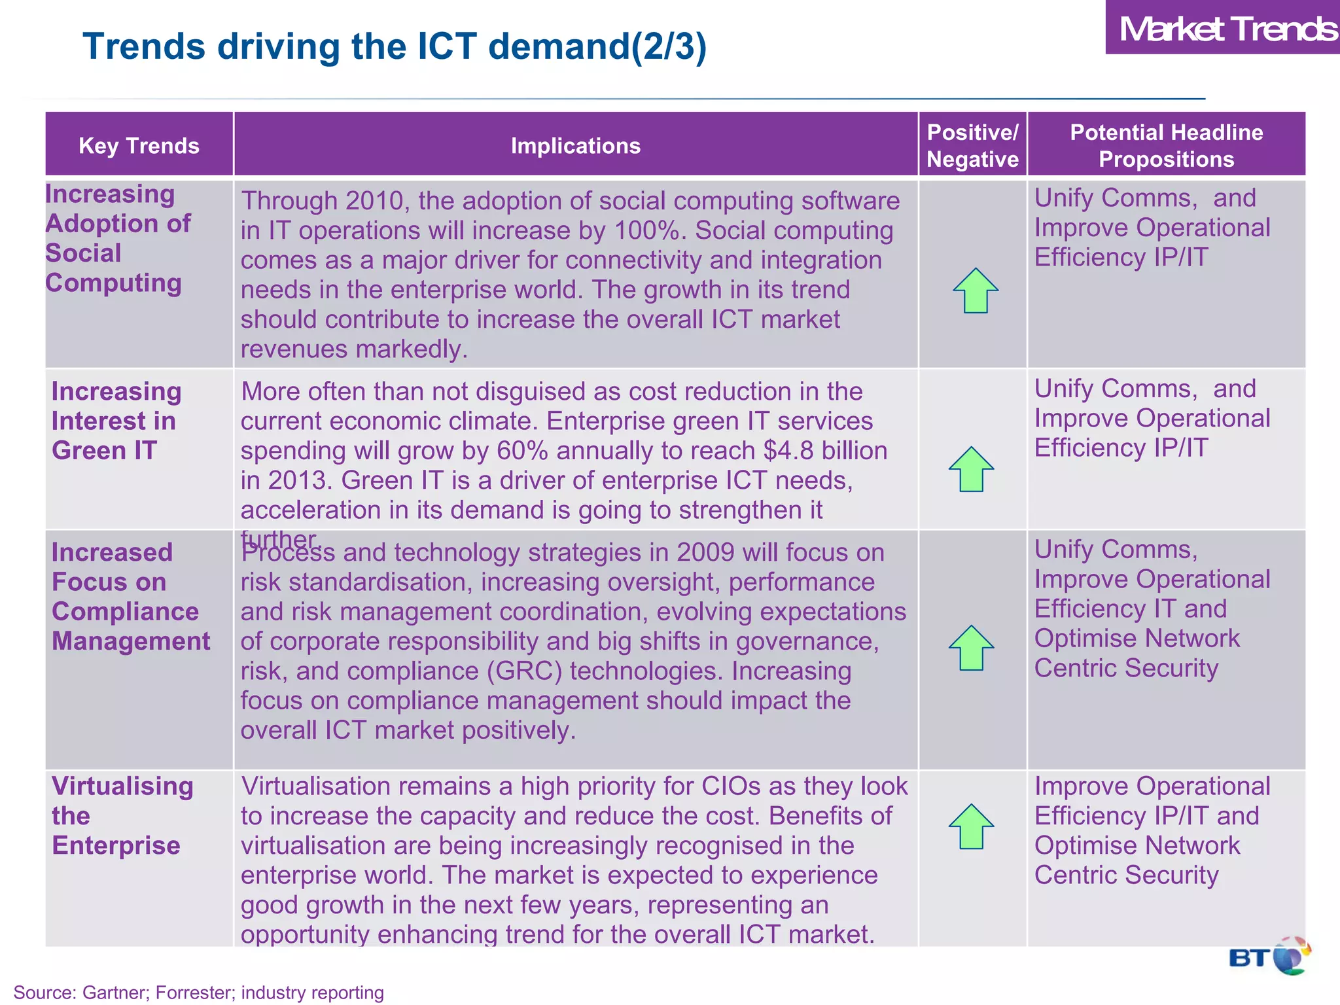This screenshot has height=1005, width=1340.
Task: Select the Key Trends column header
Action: tap(139, 145)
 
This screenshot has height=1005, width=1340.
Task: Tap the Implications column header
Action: tap(575, 145)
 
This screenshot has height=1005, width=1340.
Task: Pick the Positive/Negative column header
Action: tap(972, 145)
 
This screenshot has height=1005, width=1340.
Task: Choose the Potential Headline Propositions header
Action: tap(1166, 145)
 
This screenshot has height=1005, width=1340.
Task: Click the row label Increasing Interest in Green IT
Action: tap(116, 421)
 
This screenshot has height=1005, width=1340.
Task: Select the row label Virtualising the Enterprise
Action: tap(122, 816)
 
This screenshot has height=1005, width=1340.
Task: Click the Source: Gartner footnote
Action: tap(198, 992)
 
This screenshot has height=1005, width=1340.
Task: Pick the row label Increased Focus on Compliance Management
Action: tap(131, 597)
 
